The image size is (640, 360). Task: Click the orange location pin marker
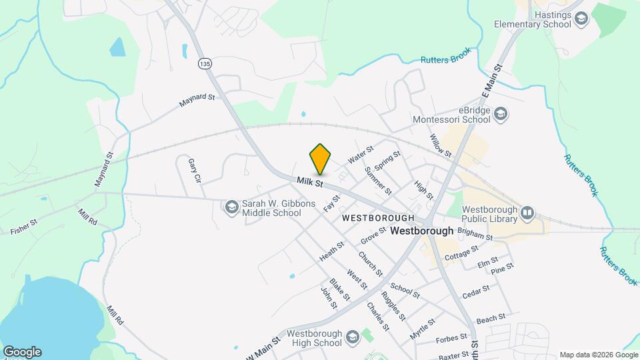point(320,160)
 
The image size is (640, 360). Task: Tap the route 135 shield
point(205,63)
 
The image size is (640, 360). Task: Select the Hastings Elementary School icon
point(581,19)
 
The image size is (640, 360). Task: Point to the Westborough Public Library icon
point(527,213)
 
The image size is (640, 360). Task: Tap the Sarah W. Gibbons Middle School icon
point(231,208)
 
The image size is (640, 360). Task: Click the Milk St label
point(310,181)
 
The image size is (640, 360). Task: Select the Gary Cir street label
point(194,170)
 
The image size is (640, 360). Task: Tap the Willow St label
point(441,145)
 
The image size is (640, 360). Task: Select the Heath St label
point(331,251)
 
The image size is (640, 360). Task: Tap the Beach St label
point(491,319)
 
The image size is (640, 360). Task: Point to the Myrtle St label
point(423,329)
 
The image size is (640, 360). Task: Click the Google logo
point(21,352)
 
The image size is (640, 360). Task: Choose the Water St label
point(361,157)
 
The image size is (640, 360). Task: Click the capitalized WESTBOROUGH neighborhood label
point(378,218)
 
